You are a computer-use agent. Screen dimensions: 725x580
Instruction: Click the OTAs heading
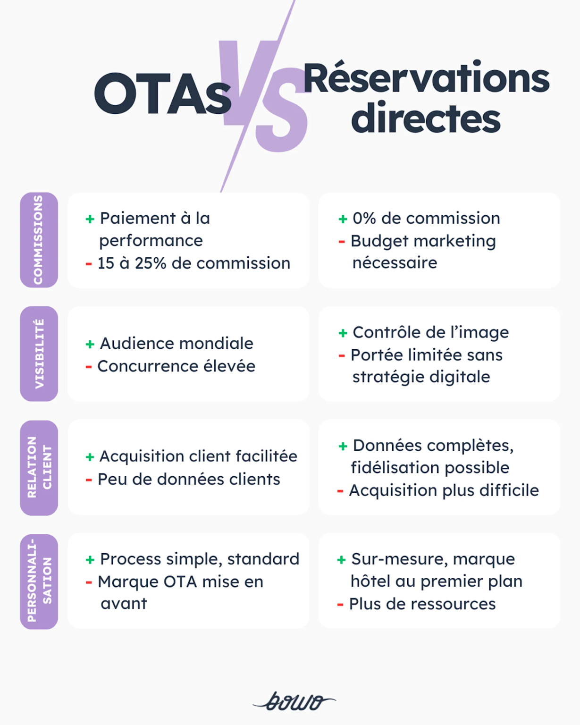click(x=162, y=94)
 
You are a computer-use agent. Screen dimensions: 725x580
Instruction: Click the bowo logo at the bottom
click(x=294, y=701)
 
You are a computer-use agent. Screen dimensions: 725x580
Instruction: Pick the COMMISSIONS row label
click(x=39, y=240)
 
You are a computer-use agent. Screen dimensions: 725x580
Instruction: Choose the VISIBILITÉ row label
click(x=39, y=354)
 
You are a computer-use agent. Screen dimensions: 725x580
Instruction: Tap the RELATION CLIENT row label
click(x=39, y=467)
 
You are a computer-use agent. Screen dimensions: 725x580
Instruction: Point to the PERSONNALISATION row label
click(x=39, y=582)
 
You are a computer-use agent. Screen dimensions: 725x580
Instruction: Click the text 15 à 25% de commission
click(x=193, y=263)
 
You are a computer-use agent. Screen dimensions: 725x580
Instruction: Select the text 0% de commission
click(x=426, y=218)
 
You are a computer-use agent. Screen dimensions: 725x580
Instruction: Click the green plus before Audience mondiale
click(x=90, y=344)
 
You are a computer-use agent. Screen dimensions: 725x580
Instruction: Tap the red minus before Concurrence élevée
click(x=89, y=366)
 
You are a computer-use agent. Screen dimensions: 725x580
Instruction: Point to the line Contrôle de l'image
click(x=430, y=332)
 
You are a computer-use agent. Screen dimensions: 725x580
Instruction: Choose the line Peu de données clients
click(x=189, y=480)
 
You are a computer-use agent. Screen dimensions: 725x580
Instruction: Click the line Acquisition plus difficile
click(x=444, y=491)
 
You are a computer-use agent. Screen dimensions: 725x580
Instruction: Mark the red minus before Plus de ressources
click(x=340, y=605)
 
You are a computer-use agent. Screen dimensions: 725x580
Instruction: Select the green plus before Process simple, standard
click(x=90, y=560)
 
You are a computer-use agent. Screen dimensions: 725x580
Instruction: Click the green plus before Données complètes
click(x=343, y=446)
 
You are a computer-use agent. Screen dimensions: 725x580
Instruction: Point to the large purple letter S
click(x=281, y=111)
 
